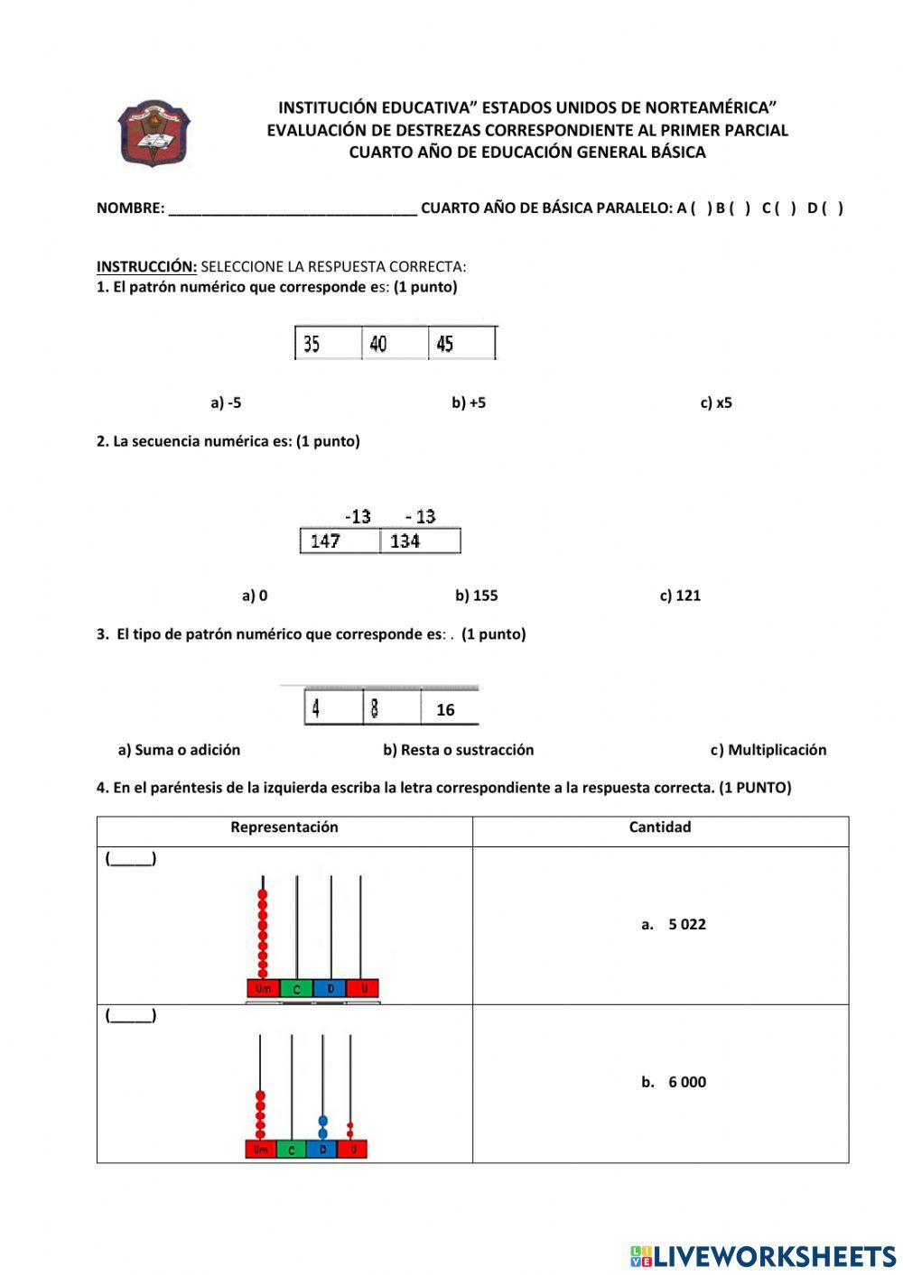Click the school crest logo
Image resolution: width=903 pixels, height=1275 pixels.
coord(154,134)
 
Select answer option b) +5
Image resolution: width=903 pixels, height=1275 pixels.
coord(469,402)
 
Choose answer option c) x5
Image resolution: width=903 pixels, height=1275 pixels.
coord(716,402)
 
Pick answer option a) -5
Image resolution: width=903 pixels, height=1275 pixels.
coord(226,402)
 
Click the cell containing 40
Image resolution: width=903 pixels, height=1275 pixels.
coord(394,344)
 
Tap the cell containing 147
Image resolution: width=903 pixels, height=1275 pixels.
coord(340,540)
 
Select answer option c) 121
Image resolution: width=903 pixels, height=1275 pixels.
coord(680,596)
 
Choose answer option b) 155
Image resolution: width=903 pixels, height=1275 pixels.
coord(476,596)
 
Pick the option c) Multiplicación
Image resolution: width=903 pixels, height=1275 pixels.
coord(768,750)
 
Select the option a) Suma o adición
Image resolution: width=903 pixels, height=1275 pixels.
coord(179,750)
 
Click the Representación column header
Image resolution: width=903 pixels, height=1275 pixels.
coord(284,827)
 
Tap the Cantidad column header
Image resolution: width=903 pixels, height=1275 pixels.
coord(660,827)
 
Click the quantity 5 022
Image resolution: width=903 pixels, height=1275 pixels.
coord(686,924)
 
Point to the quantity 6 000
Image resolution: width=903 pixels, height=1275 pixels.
coord(686,1082)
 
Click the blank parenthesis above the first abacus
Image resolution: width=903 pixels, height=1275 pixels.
coord(131,859)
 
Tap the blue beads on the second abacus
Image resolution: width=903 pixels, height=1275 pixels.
coord(322,1127)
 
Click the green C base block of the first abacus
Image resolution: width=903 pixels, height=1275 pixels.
coord(296,989)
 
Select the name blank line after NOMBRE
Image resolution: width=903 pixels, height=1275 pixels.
coord(293,208)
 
